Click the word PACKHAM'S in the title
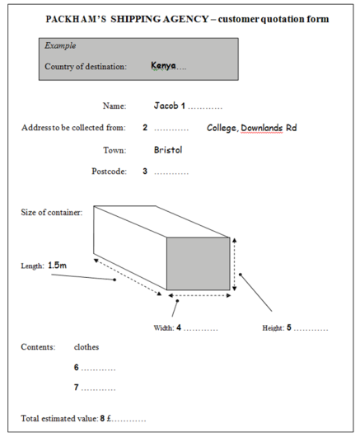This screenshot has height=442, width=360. [76, 19]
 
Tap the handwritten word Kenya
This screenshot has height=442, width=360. [163, 66]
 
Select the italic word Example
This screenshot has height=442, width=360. [60, 45]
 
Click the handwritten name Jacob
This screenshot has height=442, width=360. [166, 106]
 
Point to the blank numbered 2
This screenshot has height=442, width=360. [171, 129]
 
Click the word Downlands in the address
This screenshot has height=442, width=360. [262, 129]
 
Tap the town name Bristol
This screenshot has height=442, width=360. [168, 150]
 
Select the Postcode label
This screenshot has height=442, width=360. [109, 171]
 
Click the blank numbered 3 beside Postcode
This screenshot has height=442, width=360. [171, 173]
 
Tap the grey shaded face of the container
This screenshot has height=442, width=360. [199, 264]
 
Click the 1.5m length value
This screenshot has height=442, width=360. [57, 266]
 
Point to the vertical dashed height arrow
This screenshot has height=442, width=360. [234, 264]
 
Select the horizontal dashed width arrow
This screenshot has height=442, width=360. [199, 295]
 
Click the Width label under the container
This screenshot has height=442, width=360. [164, 328]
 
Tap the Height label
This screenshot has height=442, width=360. [274, 328]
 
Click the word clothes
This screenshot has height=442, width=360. [86, 347]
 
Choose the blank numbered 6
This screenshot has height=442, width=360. [98, 369]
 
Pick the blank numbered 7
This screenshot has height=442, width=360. [98, 389]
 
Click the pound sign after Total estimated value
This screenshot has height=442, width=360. [110, 418]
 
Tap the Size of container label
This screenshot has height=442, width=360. [52, 212]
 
